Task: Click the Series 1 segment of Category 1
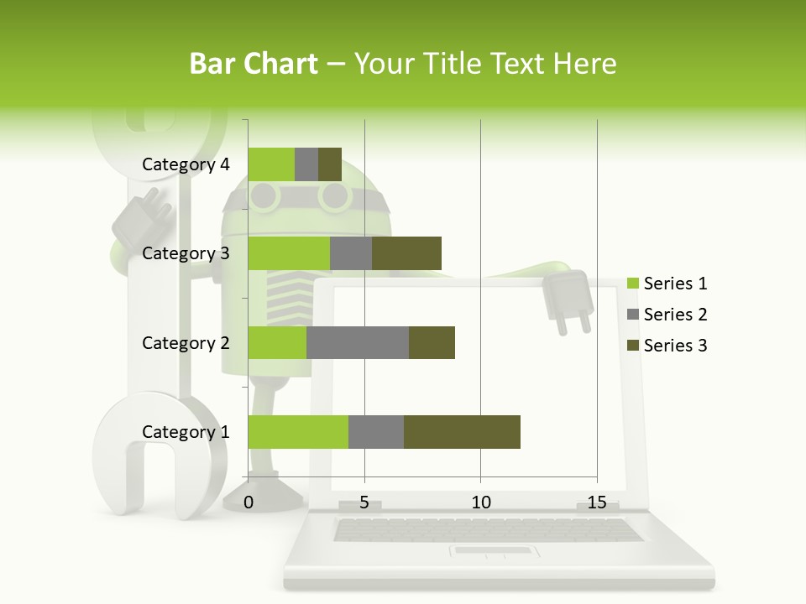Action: pyautogui.click(x=298, y=432)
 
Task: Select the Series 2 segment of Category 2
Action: pyautogui.click(x=358, y=342)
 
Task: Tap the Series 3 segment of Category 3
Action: pyautogui.click(x=406, y=253)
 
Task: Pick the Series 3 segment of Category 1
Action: pyautogui.click(x=462, y=432)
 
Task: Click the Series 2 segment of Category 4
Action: pyautogui.click(x=306, y=164)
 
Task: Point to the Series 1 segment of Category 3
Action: pyautogui.click(x=289, y=253)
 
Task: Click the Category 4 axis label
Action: pyautogui.click(x=186, y=164)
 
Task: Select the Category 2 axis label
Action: pyautogui.click(x=186, y=342)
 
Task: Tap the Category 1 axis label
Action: pyautogui.click(x=186, y=432)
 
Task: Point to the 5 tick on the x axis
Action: pyautogui.click(x=364, y=502)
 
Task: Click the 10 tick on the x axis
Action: pyautogui.click(x=480, y=502)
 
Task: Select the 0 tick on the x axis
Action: pyautogui.click(x=249, y=502)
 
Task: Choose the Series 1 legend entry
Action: pyautogui.click(x=675, y=284)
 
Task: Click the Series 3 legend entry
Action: pyautogui.click(x=675, y=346)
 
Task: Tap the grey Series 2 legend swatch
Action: pyautogui.click(x=633, y=315)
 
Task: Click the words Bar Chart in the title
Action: pyautogui.click(x=254, y=64)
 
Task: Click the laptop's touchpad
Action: pyautogui.click(x=493, y=551)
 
